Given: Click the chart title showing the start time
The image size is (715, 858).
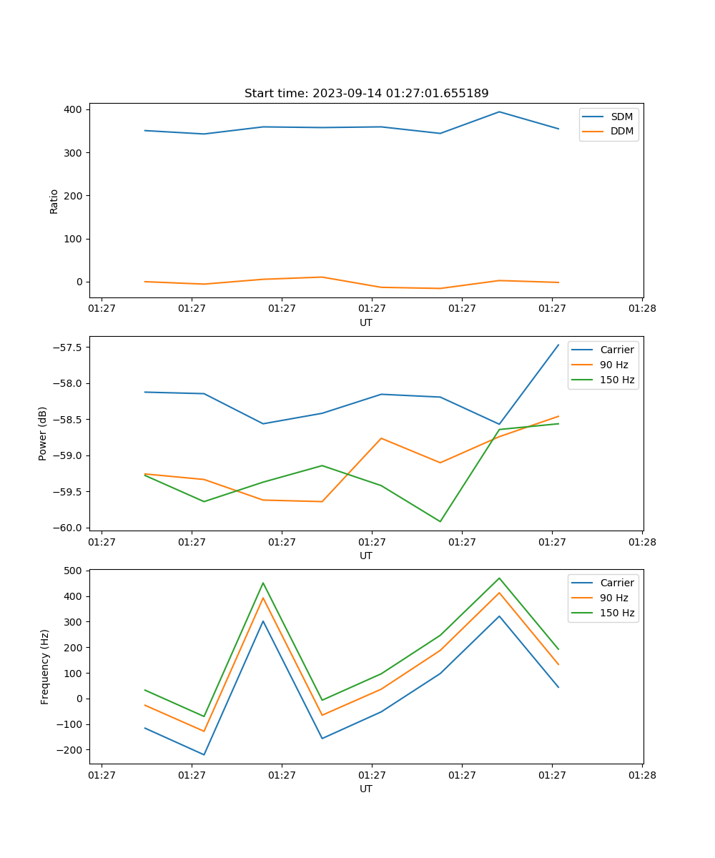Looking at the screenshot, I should tap(366, 94).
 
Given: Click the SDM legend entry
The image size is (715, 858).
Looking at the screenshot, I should tap(621, 117).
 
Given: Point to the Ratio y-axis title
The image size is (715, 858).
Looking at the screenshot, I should tap(54, 201).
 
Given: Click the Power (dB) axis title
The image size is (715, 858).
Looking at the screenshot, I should tap(43, 433).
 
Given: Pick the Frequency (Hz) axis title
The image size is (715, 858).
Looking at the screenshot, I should tap(44, 666).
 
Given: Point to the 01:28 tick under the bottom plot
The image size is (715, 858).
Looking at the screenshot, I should tap(642, 775).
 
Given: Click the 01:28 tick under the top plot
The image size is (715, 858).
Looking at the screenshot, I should tap(642, 309).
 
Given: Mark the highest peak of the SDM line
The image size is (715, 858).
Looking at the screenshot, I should tap(499, 112).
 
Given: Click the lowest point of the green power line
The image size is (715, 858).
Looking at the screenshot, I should tap(440, 521).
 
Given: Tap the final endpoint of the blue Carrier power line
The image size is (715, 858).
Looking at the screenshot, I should tap(558, 345).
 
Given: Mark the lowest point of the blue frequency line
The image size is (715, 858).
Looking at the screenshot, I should tap(204, 754).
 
